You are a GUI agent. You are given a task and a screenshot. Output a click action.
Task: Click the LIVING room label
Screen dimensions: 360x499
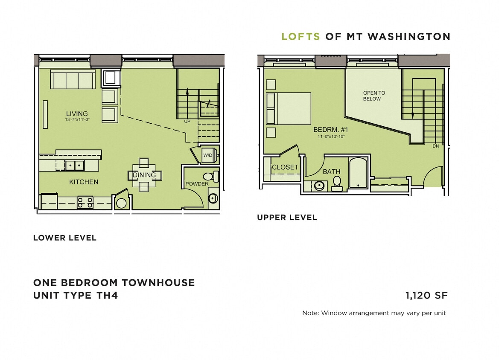(x=77, y=113)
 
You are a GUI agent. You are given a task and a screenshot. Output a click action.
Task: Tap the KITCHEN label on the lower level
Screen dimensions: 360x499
(x=84, y=182)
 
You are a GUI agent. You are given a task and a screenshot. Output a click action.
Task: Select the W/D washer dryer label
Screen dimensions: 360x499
(x=208, y=155)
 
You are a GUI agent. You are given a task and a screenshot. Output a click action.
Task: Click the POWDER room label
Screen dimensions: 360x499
(x=197, y=184)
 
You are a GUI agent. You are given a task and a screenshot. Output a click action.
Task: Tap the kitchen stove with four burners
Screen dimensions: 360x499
(x=85, y=202)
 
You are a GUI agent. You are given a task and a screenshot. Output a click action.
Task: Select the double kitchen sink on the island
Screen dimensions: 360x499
(x=74, y=165)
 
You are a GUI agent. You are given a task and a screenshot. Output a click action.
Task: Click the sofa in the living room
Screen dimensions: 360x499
(x=73, y=80)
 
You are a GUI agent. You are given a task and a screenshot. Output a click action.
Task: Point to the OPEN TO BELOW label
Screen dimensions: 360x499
(x=374, y=96)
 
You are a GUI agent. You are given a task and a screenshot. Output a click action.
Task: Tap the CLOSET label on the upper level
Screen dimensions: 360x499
(x=285, y=167)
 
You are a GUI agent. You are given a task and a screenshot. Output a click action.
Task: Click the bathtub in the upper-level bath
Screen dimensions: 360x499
(x=358, y=174)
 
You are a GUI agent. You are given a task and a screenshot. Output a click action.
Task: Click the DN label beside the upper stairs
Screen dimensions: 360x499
(x=435, y=146)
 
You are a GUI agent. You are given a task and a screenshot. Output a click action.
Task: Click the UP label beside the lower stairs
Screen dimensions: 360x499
(x=187, y=121)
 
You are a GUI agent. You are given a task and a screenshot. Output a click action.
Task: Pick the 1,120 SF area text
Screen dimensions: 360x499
(x=426, y=295)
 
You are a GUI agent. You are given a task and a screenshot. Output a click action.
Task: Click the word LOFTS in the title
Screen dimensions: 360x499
(x=301, y=37)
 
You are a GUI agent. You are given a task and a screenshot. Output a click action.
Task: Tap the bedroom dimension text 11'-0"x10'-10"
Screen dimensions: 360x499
(x=331, y=137)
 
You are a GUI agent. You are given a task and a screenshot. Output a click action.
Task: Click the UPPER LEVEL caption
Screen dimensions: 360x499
(x=287, y=218)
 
